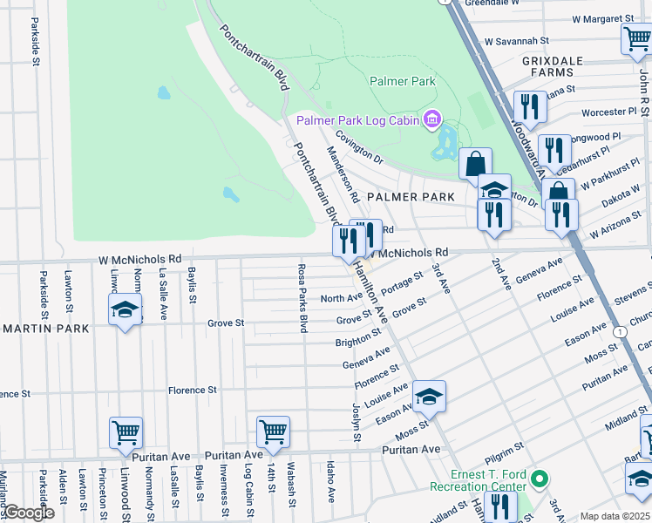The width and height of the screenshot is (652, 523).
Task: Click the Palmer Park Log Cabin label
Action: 357,119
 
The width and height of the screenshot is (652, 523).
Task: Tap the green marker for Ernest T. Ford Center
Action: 540,479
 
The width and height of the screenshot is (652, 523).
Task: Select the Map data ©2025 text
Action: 615,516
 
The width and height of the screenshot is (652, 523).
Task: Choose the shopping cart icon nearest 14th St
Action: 273,431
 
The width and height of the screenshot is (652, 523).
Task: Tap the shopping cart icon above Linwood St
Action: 126,433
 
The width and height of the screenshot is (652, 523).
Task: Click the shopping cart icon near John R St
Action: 636,39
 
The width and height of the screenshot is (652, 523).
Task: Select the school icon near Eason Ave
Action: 429,397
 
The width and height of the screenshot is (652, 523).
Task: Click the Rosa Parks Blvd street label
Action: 302,298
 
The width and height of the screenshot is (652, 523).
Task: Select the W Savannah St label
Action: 516,40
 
